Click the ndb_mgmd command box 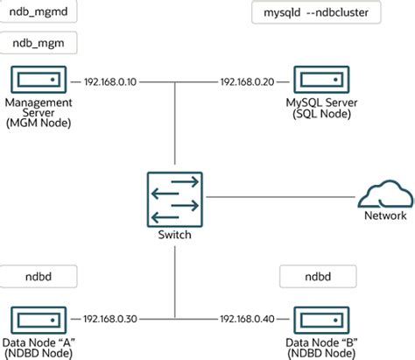tap(39, 14)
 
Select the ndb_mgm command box tap(39, 43)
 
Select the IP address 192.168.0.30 tap(110, 319)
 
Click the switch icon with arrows tap(178, 201)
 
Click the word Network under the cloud tap(385, 215)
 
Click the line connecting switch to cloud tap(280, 196)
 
